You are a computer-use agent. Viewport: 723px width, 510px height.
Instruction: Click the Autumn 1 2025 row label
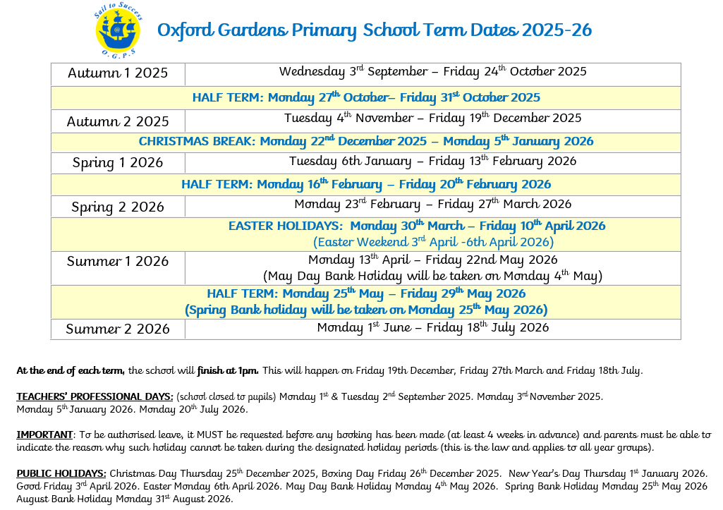pyautogui.click(x=118, y=73)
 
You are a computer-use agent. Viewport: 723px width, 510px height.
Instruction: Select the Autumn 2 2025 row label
pyautogui.click(x=118, y=121)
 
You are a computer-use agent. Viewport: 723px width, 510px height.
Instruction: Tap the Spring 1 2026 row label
pyautogui.click(x=118, y=163)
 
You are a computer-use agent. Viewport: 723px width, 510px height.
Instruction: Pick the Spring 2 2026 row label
pyautogui.click(x=118, y=207)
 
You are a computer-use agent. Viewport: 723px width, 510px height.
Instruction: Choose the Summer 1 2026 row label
pyautogui.click(x=118, y=261)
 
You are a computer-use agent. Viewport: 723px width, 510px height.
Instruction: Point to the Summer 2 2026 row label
pyautogui.click(x=118, y=329)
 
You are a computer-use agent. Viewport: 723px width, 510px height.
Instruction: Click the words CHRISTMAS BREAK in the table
pyautogui.click(x=196, y=141)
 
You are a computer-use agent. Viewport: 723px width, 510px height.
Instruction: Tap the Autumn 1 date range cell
pyautogui.click(x=432, y=72)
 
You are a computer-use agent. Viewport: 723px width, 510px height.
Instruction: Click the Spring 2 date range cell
pyautogui.click(x=432, y=205)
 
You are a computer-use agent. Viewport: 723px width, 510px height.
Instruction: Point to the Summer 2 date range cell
pyautogui.click(x=432, y=327)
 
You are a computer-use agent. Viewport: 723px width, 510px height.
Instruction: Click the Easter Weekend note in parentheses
pyautogui.click(x=433, y=242)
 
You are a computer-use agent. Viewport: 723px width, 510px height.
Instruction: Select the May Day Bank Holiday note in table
pyautogui.click(x=432, y=275)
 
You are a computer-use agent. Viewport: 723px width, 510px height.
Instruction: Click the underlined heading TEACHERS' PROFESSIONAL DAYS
pyautogui.click(x=95, y=396)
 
